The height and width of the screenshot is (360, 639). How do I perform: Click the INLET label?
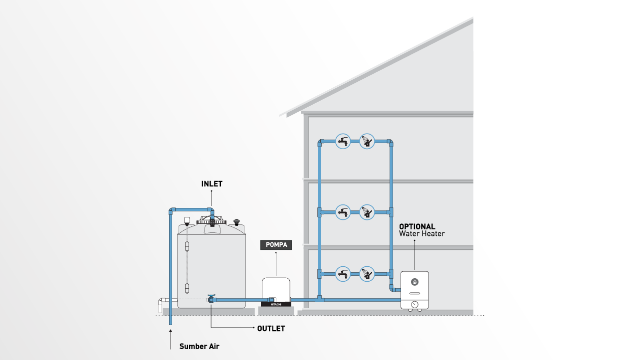tap(212, 184)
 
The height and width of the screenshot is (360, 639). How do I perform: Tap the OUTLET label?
tap(271, 329)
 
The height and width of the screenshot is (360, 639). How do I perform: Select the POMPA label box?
tap(276, 245)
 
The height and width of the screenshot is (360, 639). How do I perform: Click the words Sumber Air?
tap(199, 346)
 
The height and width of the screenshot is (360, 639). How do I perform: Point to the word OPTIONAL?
tap(417, 226)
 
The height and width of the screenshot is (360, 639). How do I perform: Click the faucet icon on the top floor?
tap(343, 142)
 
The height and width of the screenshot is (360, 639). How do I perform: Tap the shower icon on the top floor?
tap(367, 142)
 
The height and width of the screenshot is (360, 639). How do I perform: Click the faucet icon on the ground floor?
tap(343, 274)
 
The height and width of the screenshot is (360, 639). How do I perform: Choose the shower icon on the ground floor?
tap(367, 274)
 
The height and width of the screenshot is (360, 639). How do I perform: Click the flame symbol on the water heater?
tap(415, 282)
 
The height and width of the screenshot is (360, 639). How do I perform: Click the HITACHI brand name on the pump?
tap(276, 304)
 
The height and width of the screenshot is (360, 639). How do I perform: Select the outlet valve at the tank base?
tap(212, 299)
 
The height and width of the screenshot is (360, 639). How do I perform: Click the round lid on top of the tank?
tap(212, 220)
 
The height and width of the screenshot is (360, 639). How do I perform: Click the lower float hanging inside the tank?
tap(187, 288)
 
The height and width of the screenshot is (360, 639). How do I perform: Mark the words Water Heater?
tap(422, 233)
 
